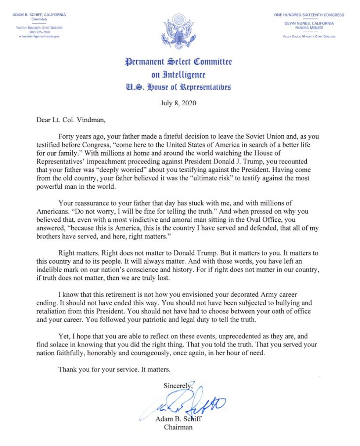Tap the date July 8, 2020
pos(178,103)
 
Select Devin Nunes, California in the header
pos(309,23)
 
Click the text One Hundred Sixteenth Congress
pos(309,15)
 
